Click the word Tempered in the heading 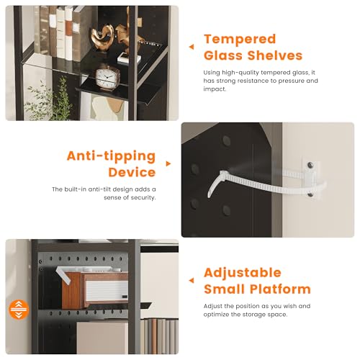tap(240, 40)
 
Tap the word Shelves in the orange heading tap(275, 55)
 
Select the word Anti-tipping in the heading tap(112, 156)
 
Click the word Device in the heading tap(132, 172)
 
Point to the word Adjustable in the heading tap(243, 274)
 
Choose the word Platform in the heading tap(280, 289)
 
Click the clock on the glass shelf tap(107, 77)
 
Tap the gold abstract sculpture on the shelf tap(103, 37)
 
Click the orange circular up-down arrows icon tap(19, 310)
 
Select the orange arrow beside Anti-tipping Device tap(168, 163)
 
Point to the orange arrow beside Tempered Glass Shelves tap(192, 47)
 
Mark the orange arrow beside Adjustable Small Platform tap(192, 280)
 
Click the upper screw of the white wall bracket tap(310, 165)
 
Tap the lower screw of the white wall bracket tap(310, 194)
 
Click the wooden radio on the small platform tap(95, 290)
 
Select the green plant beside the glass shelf tap(49, 101)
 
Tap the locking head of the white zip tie tap(223, 174)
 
